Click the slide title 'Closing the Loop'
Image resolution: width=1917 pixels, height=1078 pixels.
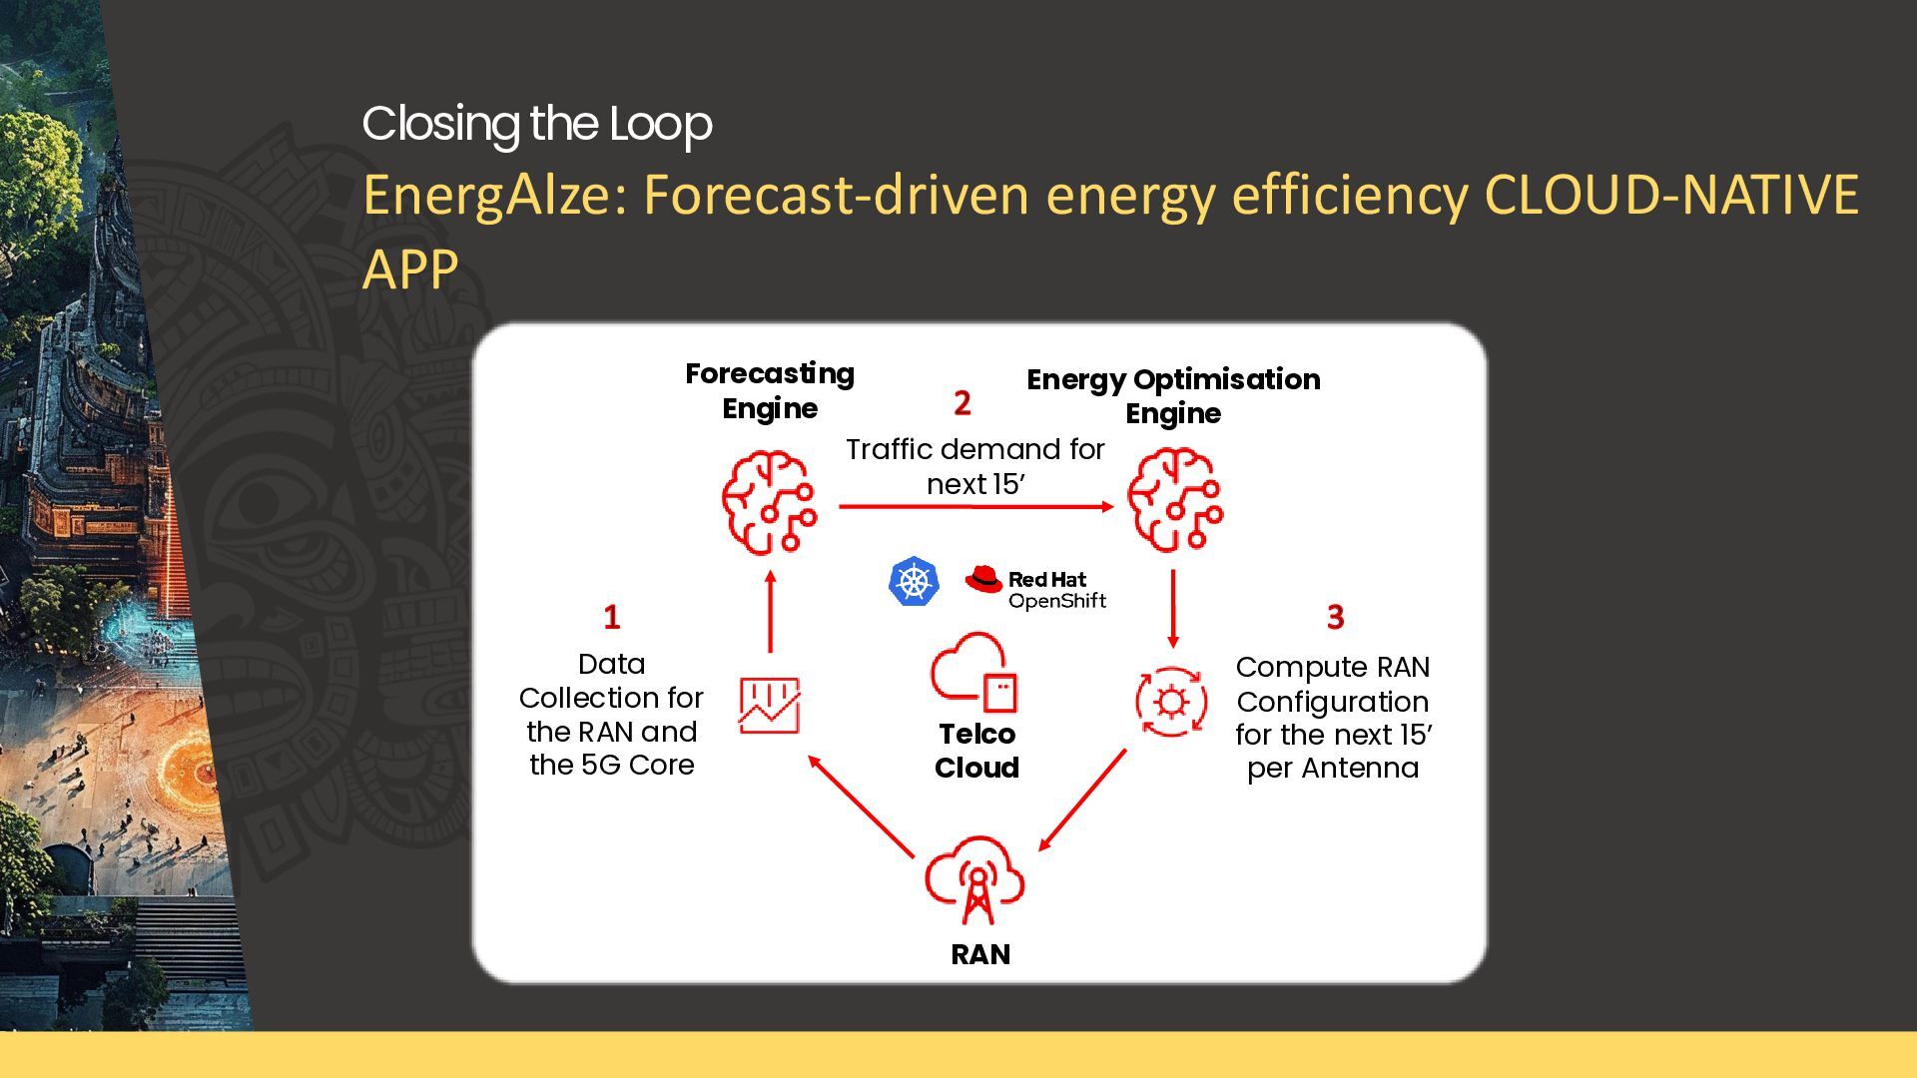tap(537, 125)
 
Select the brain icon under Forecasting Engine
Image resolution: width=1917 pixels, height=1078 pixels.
tap(769, 501)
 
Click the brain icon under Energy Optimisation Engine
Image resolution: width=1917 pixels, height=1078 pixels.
tap(1175, 499)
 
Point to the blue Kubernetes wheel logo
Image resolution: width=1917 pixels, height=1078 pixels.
tap(914, 582)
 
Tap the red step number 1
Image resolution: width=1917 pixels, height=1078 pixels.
tap(612, 617)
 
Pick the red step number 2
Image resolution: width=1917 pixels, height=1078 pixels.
tap(961, 403)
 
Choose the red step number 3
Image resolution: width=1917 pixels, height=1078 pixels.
tap(1335, 617)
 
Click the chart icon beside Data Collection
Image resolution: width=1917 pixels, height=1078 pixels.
tap(770, 705)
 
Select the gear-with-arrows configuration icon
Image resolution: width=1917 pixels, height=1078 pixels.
tap(1171, 702)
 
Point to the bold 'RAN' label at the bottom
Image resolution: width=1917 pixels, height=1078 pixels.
tap(980, 955)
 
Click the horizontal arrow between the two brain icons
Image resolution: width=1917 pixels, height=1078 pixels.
tap(976, 507)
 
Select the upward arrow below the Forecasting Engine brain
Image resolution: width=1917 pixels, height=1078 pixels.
tap(770, 612)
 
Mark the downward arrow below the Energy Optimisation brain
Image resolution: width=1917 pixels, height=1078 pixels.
tap(1173, 609)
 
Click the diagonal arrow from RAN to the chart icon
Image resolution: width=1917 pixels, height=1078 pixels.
tap(861, 807)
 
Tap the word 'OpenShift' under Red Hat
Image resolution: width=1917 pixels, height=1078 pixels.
tap(1057, 601)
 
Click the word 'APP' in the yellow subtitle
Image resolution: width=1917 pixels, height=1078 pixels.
tap(410, 269)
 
